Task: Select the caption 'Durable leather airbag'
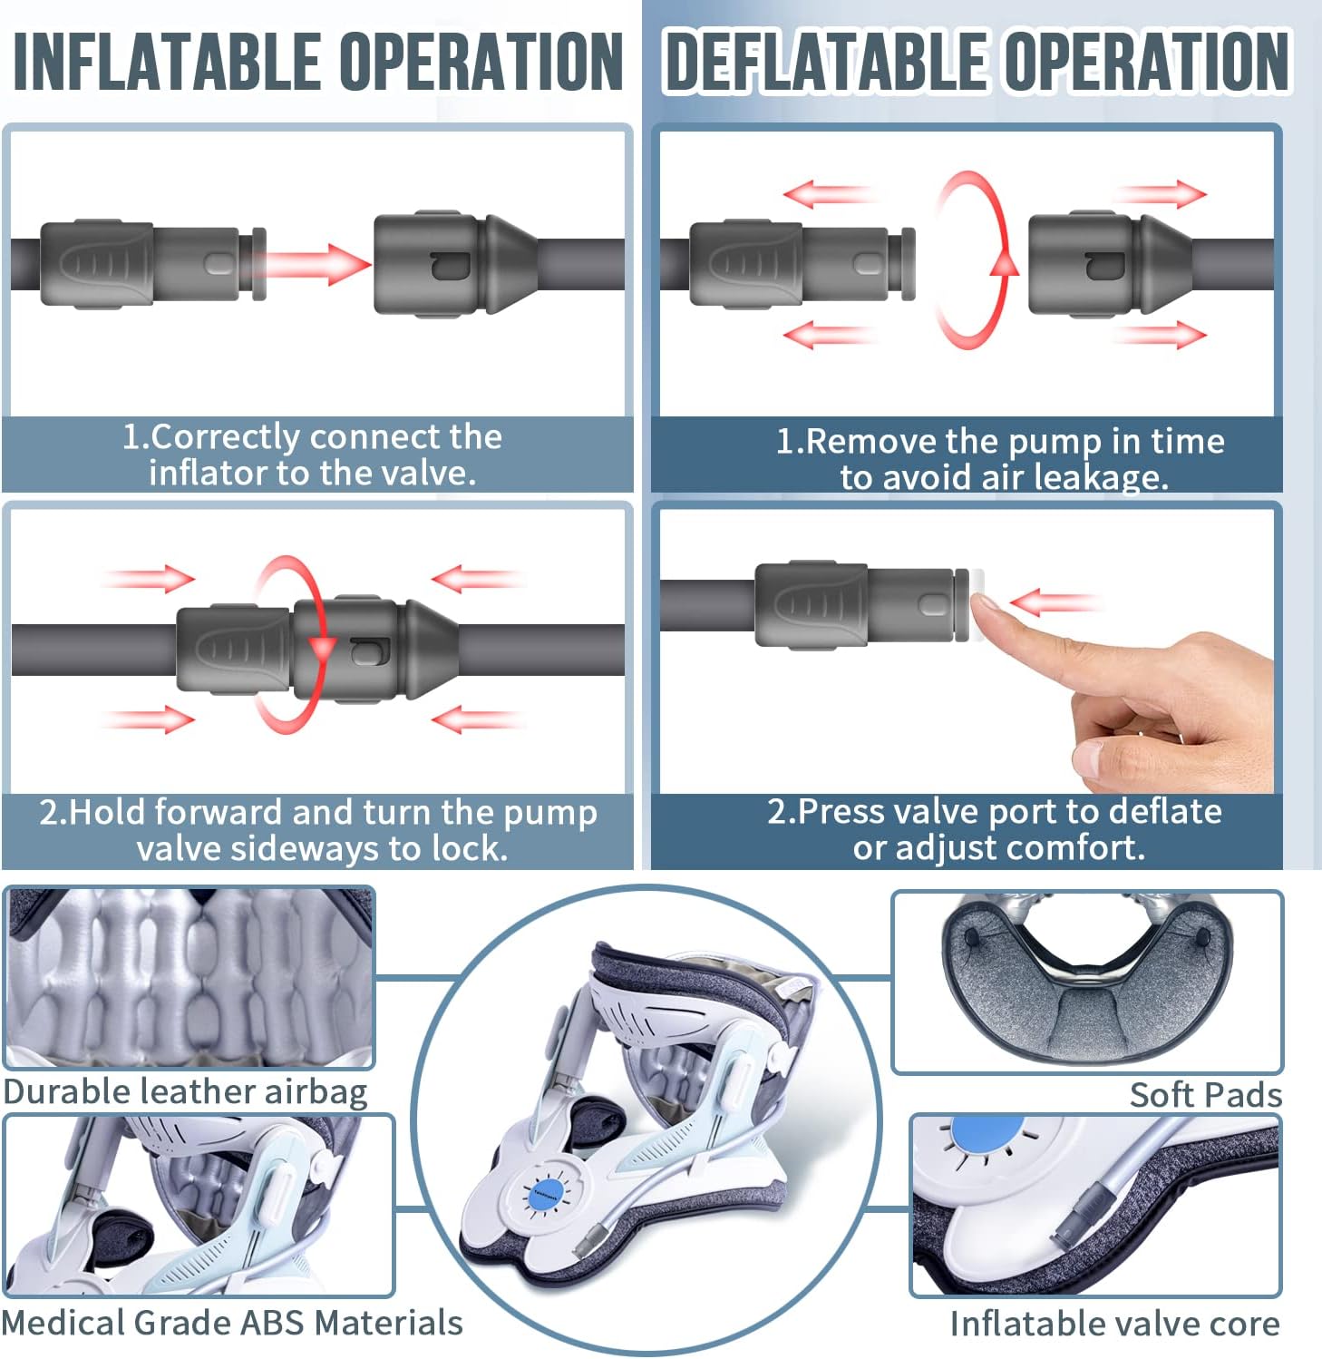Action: [185, 1092]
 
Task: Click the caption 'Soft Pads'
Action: [1206, 1095]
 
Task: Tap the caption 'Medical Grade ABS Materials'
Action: [232, 1323]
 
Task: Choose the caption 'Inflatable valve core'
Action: [1114, 1324]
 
